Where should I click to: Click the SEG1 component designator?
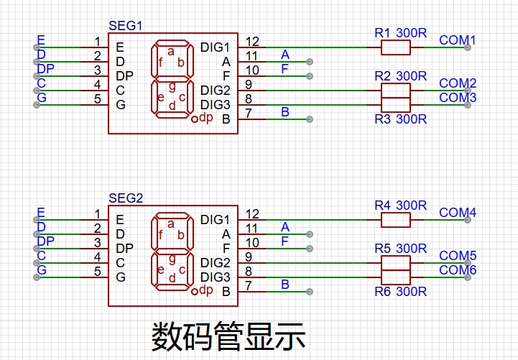point(126,26)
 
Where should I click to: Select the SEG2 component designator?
point(126,198)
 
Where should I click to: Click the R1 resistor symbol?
point(396,47)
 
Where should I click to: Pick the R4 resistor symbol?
point(396,220)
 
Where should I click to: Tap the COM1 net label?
point(457,40)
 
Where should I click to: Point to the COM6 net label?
point(458,270)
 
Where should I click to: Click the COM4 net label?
point(458,213)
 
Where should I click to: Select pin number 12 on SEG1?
point(252,42)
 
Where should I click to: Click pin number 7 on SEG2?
point(249,285)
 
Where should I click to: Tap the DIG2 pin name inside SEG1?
point(215,90)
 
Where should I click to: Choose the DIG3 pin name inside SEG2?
point(215,277)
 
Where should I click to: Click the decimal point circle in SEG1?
point(194,119)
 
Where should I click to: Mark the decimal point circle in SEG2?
point(194,292)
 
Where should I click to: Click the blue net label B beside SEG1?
point(285,112)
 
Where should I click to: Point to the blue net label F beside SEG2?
point(285,241)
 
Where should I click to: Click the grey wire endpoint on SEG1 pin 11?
point(309,62)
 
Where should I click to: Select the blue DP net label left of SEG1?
point(45,69)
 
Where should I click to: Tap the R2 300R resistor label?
point(401,76)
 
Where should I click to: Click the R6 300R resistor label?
point(401,292)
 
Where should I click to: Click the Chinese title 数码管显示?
point(228,336)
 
